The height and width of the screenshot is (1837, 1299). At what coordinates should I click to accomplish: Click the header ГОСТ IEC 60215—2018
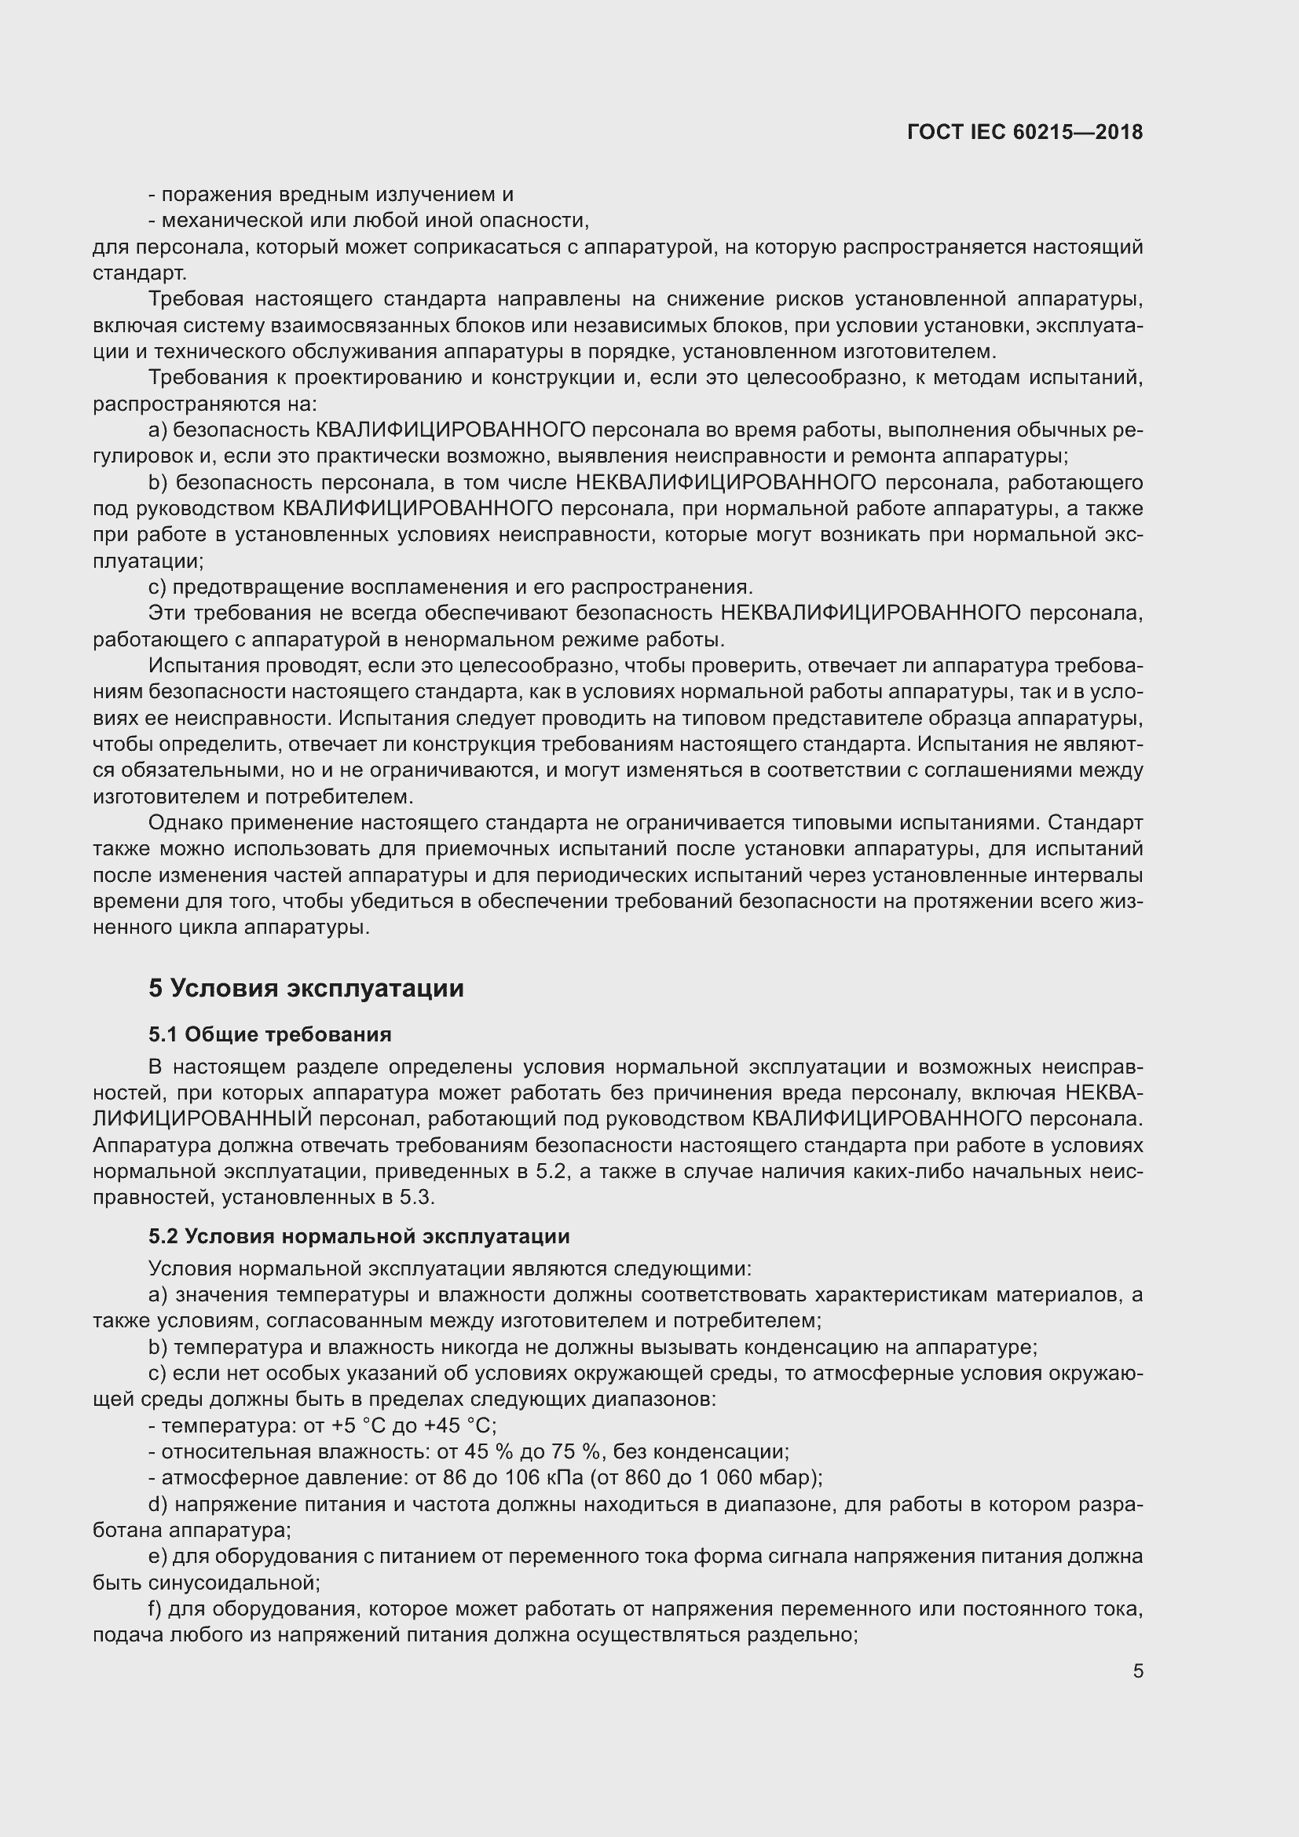point(1025,132)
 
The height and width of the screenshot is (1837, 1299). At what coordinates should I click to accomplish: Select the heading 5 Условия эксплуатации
point(306,988)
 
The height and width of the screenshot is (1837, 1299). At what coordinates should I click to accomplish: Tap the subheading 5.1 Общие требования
point(269,1034)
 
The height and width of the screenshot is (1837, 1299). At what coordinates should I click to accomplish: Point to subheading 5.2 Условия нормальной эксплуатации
point(358,1236)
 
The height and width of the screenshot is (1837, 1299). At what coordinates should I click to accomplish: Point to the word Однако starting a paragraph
point(184,822)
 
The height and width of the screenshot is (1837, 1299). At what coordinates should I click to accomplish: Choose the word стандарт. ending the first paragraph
point(140,273)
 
